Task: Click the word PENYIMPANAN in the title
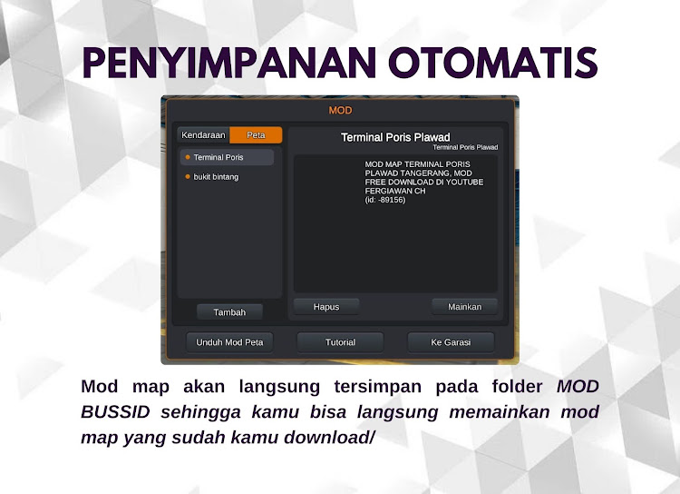[x=229, y=63]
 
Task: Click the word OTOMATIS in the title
[x=493, y=63]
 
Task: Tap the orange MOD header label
[x=340, y=111]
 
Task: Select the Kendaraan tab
[x=203, y=135]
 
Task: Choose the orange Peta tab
[x=256, y=135]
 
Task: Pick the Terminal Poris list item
[x=227, y=157]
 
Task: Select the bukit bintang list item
[x=216, y=177]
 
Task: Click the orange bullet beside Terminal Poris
[x=188, y=157]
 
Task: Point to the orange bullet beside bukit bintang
[x=188, y=177]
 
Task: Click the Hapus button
[x=326, y=307]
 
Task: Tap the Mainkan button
[x=464, y=307]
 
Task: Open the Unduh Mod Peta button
[x=229, y=342]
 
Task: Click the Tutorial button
[x=340, y=342]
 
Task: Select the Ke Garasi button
[x=451, y=342]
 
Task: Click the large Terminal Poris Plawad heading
[x=395, y=137]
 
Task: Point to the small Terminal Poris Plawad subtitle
[x=465, y=147]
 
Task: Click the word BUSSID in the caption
[x=115, y=412]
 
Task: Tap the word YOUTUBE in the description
[x=465, y=182]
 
